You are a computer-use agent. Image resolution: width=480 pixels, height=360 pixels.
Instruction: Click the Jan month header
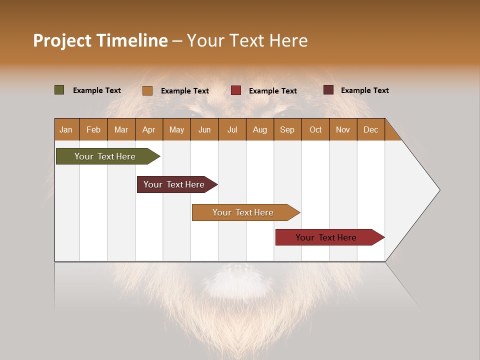point(66,129)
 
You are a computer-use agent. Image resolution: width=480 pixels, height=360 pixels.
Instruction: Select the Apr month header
point(148,129)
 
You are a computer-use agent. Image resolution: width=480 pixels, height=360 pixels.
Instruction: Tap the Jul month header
point(232,129)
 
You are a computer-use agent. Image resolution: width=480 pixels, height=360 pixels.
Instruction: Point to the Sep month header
point(287,129)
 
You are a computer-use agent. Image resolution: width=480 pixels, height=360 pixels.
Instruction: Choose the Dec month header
point(370,129)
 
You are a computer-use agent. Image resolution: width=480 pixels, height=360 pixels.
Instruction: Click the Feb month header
point(93,129)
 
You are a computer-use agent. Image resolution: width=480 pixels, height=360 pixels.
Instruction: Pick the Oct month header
point(315,129)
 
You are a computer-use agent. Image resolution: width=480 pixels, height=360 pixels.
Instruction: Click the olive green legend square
point(59,90)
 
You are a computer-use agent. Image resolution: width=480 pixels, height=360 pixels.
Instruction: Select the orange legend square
point(147,90)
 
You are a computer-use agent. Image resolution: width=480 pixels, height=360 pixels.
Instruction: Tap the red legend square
point(236,90)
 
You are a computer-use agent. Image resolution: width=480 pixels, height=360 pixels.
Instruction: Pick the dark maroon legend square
point(328,90)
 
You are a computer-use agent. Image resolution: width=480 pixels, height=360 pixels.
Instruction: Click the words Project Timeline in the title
point(100,40)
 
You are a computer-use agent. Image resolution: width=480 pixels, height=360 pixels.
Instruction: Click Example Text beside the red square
point(272,91)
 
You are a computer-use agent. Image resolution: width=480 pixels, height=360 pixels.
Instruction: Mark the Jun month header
point(204,129)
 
